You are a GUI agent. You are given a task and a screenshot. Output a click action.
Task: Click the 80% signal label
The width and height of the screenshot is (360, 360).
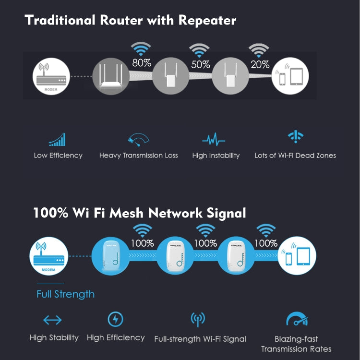coord(142,63)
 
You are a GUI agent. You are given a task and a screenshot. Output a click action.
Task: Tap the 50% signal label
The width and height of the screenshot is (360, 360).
coord(201,64)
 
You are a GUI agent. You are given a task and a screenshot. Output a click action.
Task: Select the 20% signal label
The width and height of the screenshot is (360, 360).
coord(260,64)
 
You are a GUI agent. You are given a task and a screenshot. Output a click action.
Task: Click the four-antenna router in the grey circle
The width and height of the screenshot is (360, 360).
coord(110,75)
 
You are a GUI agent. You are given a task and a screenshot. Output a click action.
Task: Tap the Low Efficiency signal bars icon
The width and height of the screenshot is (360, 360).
coord(57,140)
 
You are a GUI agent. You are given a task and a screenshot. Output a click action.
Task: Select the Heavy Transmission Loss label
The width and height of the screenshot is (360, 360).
coord(138,156)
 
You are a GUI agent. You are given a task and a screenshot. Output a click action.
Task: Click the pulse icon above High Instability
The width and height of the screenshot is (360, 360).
coord(214,140)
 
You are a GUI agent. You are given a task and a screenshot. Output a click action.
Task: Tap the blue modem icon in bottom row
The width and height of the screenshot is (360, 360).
coord(49,257)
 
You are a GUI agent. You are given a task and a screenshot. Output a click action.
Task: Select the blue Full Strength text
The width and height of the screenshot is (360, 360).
coord(65,294)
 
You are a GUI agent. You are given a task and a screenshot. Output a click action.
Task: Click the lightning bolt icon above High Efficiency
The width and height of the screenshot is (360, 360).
coord(115,319)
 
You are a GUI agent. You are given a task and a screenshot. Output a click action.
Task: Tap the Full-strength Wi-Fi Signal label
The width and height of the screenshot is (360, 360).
coord(200,339)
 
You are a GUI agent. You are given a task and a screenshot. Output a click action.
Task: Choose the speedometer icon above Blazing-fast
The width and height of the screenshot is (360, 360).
coord(296,320)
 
